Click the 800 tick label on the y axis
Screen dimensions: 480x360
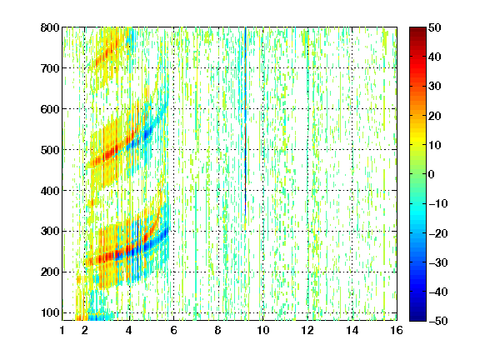point(50,27)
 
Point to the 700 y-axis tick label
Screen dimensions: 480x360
point(50,68)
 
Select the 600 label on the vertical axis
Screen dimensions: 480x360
point(50,109)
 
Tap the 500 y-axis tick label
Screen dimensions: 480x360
point(50,150)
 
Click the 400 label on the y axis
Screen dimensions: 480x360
point(50,191)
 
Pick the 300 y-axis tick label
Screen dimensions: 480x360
point(50,232)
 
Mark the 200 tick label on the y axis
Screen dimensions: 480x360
point(50,272)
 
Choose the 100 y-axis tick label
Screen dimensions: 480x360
point(50,312)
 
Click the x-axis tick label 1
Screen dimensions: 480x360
point(62,330)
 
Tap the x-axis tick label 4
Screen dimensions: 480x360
point(129,330)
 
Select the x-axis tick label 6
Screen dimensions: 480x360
point(173,330)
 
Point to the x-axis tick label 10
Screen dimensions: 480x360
point(262,330)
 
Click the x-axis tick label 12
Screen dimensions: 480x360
point(307,330)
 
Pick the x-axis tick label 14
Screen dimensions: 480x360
point(352,330)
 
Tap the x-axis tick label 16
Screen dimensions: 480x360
point(397,330)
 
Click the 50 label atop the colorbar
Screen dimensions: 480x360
point(435,27)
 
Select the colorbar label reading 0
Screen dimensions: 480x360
point(432,174)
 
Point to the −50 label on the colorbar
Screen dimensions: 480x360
point(438,321)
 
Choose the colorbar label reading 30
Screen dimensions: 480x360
point(435,87)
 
